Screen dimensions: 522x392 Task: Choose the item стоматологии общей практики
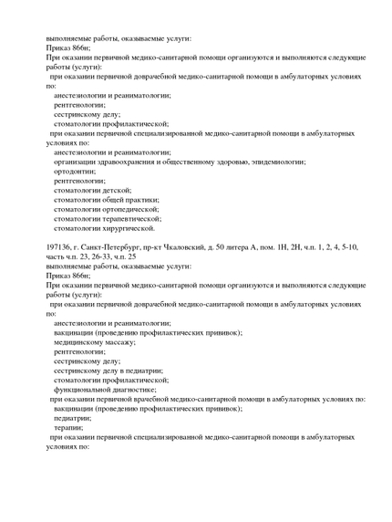pos(106,200)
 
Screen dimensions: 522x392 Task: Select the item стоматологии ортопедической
pos(106,209)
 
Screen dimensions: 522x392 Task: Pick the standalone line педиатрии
pos(72,418)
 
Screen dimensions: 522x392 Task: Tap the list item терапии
pos(68,427)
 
